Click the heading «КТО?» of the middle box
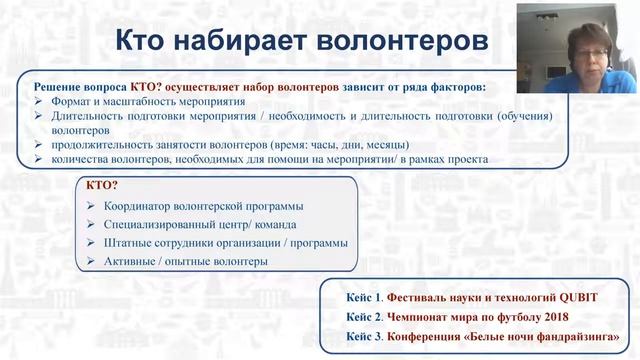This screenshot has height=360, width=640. pyautogui.click(x=103, y=186)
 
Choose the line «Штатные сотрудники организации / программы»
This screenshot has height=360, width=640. pyautogui.click(x=225, y=243)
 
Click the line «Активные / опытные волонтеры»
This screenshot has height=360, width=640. pyautogui.click(x=185, y=261)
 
